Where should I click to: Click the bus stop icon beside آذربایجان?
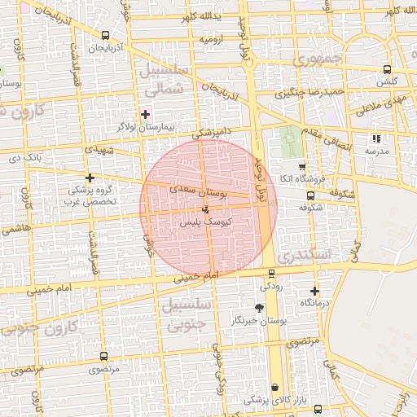pos(105,35)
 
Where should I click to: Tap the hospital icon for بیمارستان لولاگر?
pos(146,114)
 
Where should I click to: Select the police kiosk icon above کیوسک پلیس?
pos(204,210)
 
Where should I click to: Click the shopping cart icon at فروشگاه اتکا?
pos(302,167)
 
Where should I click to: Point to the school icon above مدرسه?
pos(375,139)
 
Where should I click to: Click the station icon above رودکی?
pos(271,274)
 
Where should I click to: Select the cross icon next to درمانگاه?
pos(315,291)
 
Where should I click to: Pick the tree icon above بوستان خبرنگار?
pos(259,308)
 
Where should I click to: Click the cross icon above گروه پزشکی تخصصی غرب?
pos(90,177)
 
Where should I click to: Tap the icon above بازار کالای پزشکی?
pos(274,387)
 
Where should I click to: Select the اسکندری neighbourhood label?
pos(310,255)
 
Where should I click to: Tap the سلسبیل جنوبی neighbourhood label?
pos(189,314)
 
